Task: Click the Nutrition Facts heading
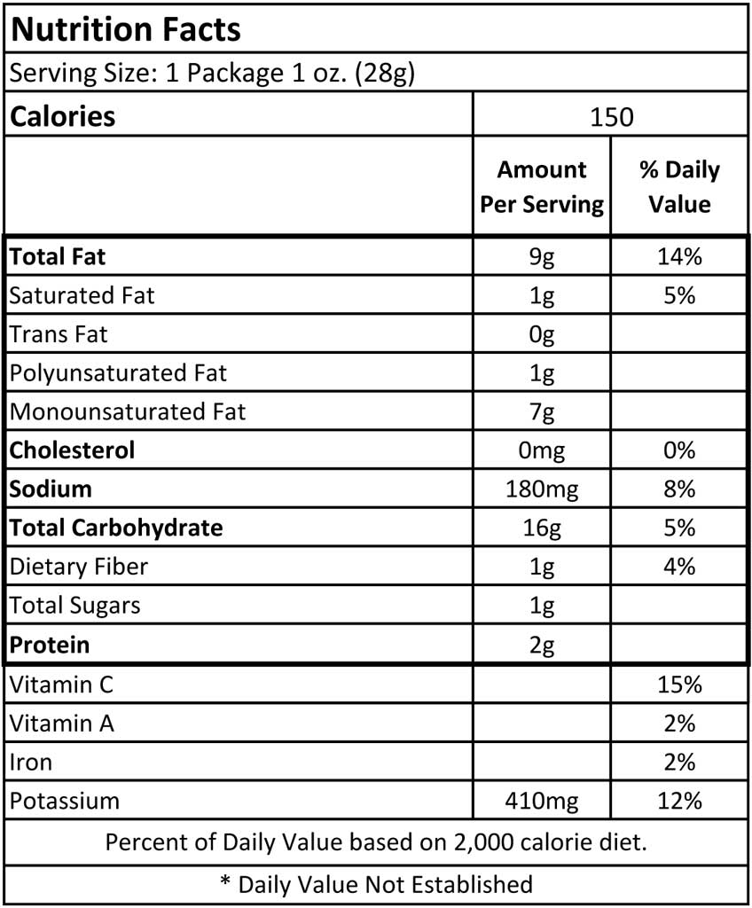pos(125,29)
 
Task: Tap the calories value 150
pos(611,117)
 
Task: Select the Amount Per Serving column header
pos(542,186)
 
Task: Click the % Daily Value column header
pos(679,186)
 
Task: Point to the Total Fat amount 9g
pos(542,257)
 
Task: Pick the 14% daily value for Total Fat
pos(679,256)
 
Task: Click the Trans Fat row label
pos(59,334)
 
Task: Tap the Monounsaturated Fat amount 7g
pos(542,412)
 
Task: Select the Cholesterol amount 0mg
pos(542,450)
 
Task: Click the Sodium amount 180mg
pos(542,489)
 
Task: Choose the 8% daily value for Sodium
pos(679,489)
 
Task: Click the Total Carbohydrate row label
pos(116,528)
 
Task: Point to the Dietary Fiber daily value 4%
pos(679,567)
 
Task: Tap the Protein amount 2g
pos(542,646)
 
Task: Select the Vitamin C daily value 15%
pos(679,685)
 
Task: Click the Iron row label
pos(31,762)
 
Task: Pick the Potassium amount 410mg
pos(542,802)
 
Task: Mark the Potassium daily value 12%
pos(679,801)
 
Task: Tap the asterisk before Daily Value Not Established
pos(225,881)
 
